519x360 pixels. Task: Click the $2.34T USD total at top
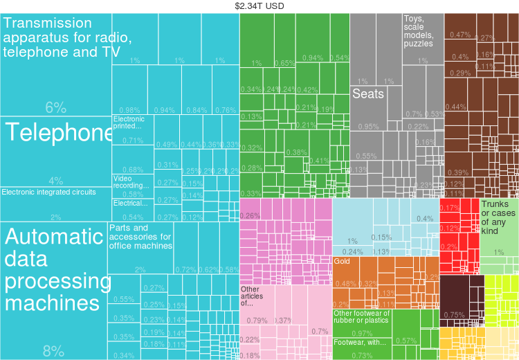click(259, 6)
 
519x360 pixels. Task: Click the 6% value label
click(55, 107)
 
